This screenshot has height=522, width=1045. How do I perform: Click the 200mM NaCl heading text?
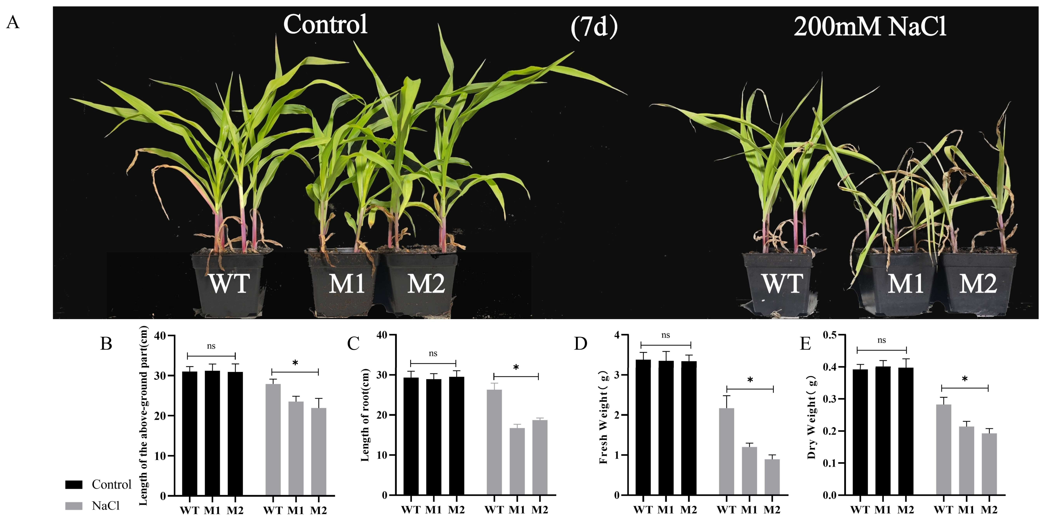(870, 27)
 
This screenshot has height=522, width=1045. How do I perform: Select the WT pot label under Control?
(229, 284)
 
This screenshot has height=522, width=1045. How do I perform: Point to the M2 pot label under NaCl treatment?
(978, 284)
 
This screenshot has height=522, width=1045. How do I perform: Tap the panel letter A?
(13, 22)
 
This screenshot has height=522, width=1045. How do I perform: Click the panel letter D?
(581, 343)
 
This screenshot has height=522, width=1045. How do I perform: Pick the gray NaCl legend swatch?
(74, 506)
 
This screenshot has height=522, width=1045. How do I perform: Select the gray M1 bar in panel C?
(517, 462)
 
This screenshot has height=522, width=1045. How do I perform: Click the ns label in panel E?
(882, 340)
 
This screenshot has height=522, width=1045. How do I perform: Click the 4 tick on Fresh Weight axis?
(617, 335)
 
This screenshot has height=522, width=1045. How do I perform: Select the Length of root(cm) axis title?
(365, 414)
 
